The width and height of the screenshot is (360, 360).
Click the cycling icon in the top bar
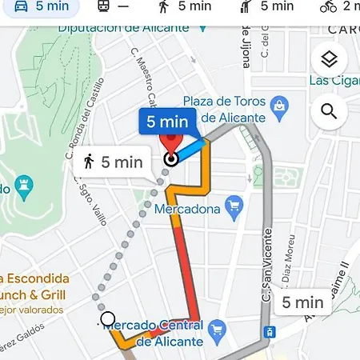point(327,7)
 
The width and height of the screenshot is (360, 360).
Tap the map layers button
point(329,59)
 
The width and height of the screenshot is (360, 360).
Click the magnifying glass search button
point(329,111)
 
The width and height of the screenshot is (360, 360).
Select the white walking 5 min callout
point(113,162)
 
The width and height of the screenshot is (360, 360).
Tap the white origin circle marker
point(108,320)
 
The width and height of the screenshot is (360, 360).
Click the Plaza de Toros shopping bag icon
point(278,105)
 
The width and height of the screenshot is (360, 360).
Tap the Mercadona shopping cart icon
point(234,208)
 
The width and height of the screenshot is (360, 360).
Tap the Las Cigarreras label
point(334,81)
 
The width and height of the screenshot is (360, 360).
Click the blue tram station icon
point(270,331)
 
